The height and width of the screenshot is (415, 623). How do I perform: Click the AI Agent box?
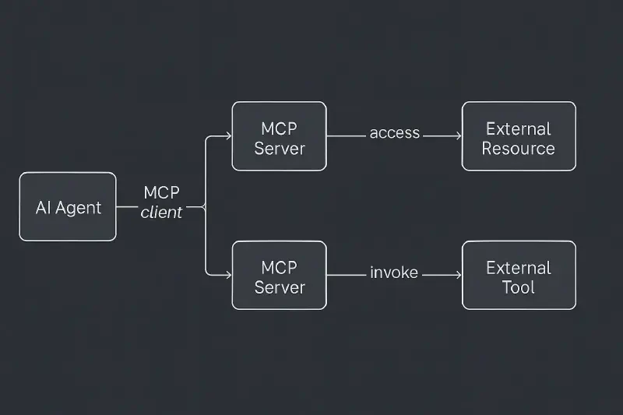(68, 206)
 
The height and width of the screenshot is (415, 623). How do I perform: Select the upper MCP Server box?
(279, 135)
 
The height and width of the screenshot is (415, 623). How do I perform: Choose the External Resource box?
(519, 135)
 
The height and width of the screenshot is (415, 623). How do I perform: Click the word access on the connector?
(394, 133)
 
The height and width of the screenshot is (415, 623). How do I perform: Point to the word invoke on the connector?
(394, 273)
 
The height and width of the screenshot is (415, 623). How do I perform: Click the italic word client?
(162, 213)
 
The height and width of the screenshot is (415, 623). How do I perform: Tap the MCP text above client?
(162, 192)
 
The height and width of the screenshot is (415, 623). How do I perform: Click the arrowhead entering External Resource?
(458, 135)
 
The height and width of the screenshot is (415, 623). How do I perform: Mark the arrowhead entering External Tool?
(458, 275)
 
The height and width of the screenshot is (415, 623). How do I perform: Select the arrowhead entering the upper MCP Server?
(228, 135)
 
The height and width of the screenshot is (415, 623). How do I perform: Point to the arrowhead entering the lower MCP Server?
(228, 275)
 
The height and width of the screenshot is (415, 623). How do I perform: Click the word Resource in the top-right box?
(519, 148)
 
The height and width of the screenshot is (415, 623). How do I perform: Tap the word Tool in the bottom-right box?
(519, 287)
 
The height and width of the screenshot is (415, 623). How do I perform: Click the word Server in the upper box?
(279, 148)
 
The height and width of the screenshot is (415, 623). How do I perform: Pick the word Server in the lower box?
(279, 287)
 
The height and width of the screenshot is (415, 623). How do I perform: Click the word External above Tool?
(519, 268)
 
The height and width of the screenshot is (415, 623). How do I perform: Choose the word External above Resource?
(519, 128)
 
